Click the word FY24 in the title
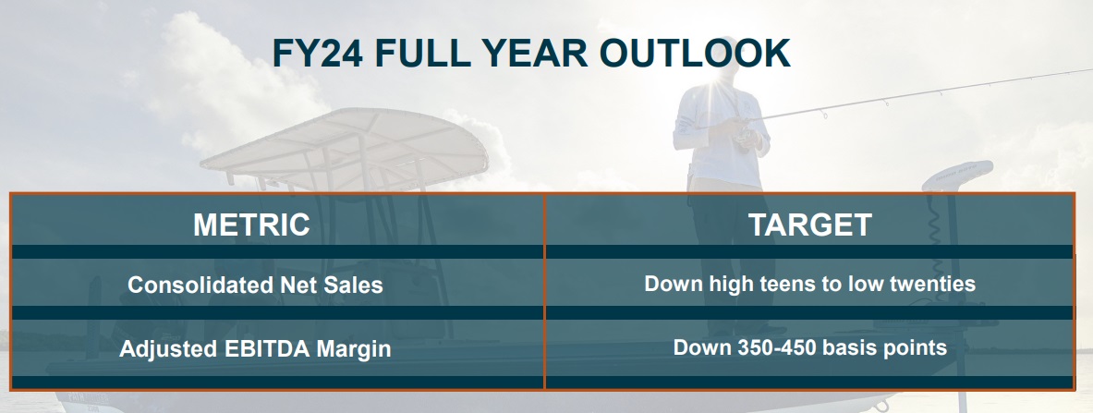(317, 53)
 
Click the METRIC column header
(251, 225)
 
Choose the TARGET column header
(810, 225)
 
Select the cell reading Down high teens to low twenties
(810, 284)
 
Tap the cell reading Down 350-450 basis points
(810, 346)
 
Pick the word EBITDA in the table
(267, 348)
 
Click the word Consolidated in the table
(200, 285)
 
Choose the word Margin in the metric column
(354, 349)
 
